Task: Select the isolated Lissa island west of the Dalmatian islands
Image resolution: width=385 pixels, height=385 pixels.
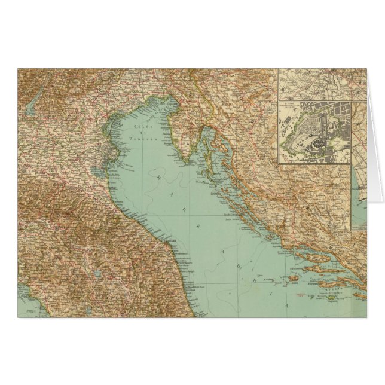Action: tap(294, 279)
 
